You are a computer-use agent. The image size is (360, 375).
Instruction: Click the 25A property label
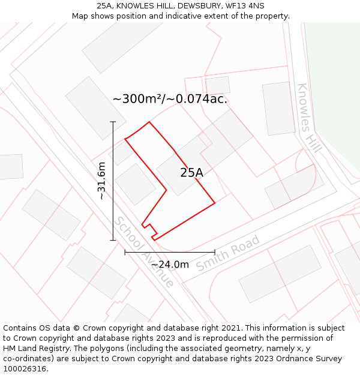[x=191, y=173]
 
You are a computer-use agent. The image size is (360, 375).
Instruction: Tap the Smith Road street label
[x=228, y=253]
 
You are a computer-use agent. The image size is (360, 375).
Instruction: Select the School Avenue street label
[x=144, y=252]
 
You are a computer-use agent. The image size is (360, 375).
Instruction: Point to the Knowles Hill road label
[x=309, y=118]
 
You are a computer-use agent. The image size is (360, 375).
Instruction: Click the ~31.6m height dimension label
[x=101, y=181]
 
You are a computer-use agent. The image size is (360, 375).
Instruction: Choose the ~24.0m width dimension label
[x=170, y=265]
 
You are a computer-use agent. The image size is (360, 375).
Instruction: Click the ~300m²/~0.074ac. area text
[x=170, y=99]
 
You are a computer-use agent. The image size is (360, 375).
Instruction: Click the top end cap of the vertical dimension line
[x=113, y=121]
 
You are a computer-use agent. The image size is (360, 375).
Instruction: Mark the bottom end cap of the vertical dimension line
[x=113, y=240]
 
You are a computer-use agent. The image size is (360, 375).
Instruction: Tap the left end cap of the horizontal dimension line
[x=125, y=253]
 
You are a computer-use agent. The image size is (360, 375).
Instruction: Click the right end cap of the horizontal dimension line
[x=215, y=253]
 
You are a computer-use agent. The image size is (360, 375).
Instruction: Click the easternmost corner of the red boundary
[x=215, y=203]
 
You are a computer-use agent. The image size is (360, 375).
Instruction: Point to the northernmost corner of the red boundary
[x=149, y=122]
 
